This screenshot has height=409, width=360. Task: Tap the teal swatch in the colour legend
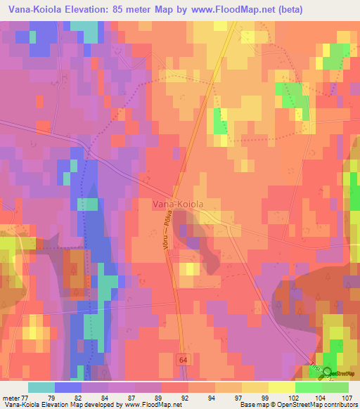point(41,387)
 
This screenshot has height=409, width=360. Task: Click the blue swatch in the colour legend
point(67,387)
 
